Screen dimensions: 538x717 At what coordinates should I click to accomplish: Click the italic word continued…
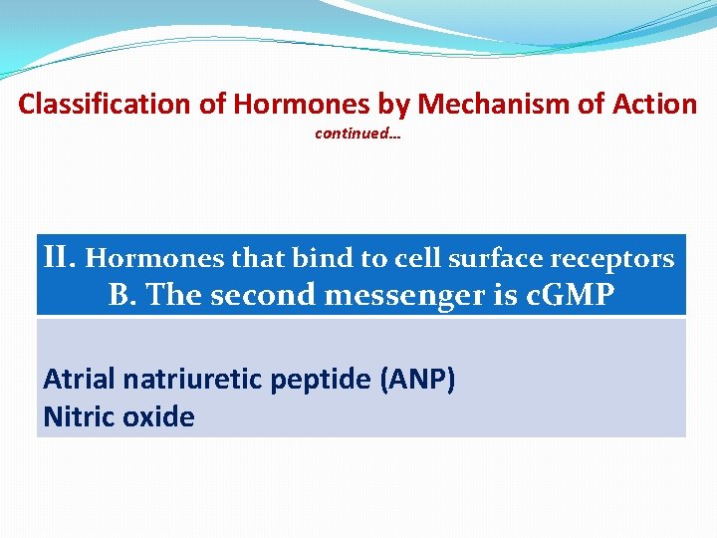(x=358, y=133)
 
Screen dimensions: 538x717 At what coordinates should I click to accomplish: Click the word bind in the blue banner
(x=328, y=259)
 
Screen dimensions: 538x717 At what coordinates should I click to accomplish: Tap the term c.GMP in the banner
(x=570, y=295)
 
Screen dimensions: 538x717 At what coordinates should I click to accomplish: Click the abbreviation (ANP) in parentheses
(x=418, y=380)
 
